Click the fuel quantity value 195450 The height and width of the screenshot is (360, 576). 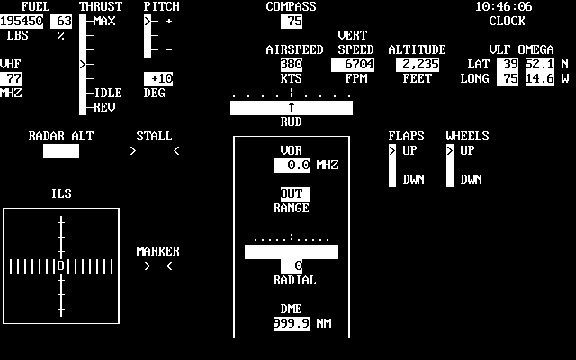click(22, 21)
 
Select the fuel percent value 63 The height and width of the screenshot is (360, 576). click(63, 21)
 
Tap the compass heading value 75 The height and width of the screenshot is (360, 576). click(292, 21)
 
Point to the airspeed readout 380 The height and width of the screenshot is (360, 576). click(291, 65)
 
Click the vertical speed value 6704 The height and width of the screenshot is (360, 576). click(355, 65)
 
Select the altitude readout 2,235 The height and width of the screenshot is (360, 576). click(417, 65)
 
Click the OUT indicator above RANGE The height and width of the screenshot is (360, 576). click(292, 194)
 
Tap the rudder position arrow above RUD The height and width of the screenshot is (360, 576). click(292, 108)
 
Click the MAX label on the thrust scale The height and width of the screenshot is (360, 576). click(104, 21)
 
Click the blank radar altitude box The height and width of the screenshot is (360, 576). click(61, 151)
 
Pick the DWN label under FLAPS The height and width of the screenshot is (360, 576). click(413, 179)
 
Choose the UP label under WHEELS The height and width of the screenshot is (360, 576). click(467, 150)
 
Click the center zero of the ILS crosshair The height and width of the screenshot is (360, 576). click(60, 266)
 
